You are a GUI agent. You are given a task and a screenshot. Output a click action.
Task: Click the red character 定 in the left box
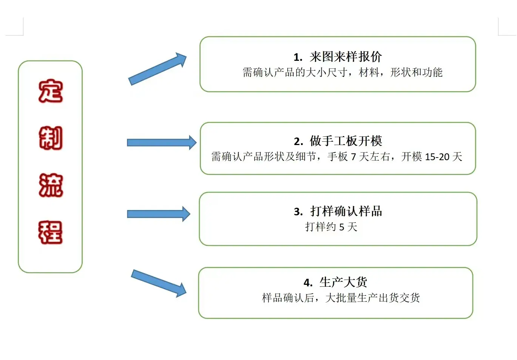[51, 91]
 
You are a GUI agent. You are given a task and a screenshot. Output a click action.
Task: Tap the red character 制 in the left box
[51, 138]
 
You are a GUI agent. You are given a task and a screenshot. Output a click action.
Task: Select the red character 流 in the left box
[51, 185]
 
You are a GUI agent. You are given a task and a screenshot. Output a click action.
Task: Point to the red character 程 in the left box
[50, 232]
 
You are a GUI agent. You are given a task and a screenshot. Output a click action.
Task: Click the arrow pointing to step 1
[157, 69]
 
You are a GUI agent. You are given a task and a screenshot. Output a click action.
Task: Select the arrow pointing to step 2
[162, 142]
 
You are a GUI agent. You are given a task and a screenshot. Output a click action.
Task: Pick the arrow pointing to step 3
[159, 214]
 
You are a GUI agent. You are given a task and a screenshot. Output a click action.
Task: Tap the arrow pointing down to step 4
[159, 283]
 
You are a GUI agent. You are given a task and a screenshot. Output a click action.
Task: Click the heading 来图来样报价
[346, 57]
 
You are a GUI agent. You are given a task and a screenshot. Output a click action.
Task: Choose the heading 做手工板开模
[346, 141]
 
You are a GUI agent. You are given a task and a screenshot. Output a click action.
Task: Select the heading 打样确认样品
[346, 211]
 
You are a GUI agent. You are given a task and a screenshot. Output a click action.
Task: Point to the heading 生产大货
[343, 282]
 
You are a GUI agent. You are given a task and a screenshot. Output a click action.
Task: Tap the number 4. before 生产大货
[308, 283]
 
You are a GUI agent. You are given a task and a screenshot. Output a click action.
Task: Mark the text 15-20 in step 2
[437, 157]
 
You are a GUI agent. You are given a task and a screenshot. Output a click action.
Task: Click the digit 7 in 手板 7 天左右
[353, 157]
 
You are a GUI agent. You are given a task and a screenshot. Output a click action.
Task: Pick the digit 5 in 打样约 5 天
[342, 227]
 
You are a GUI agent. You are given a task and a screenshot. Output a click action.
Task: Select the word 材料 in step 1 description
[369, 72]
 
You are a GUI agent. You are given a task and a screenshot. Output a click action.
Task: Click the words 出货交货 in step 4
[399, 298]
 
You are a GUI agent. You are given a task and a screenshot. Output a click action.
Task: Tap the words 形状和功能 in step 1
[417, 72]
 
